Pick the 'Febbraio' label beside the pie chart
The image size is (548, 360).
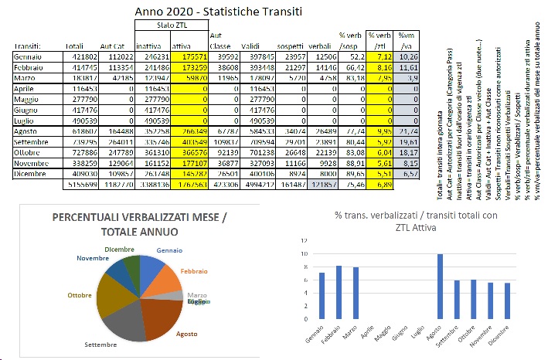tap(194, 271)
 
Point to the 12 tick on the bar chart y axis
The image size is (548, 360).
tap(291, 240)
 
